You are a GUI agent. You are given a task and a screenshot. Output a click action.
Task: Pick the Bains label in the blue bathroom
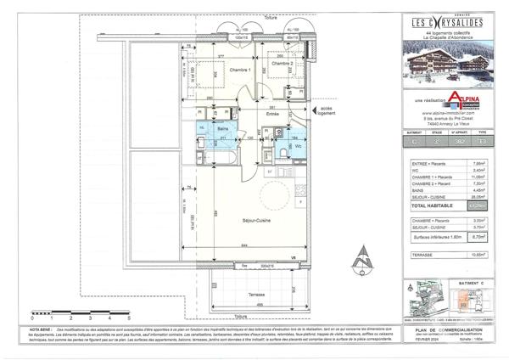(221, 129)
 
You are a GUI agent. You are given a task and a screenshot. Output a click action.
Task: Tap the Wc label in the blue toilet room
(299, 146)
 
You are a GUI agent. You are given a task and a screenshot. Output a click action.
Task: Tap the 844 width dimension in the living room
(244, 245)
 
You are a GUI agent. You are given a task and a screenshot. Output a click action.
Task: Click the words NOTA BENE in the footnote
(40, 327)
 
